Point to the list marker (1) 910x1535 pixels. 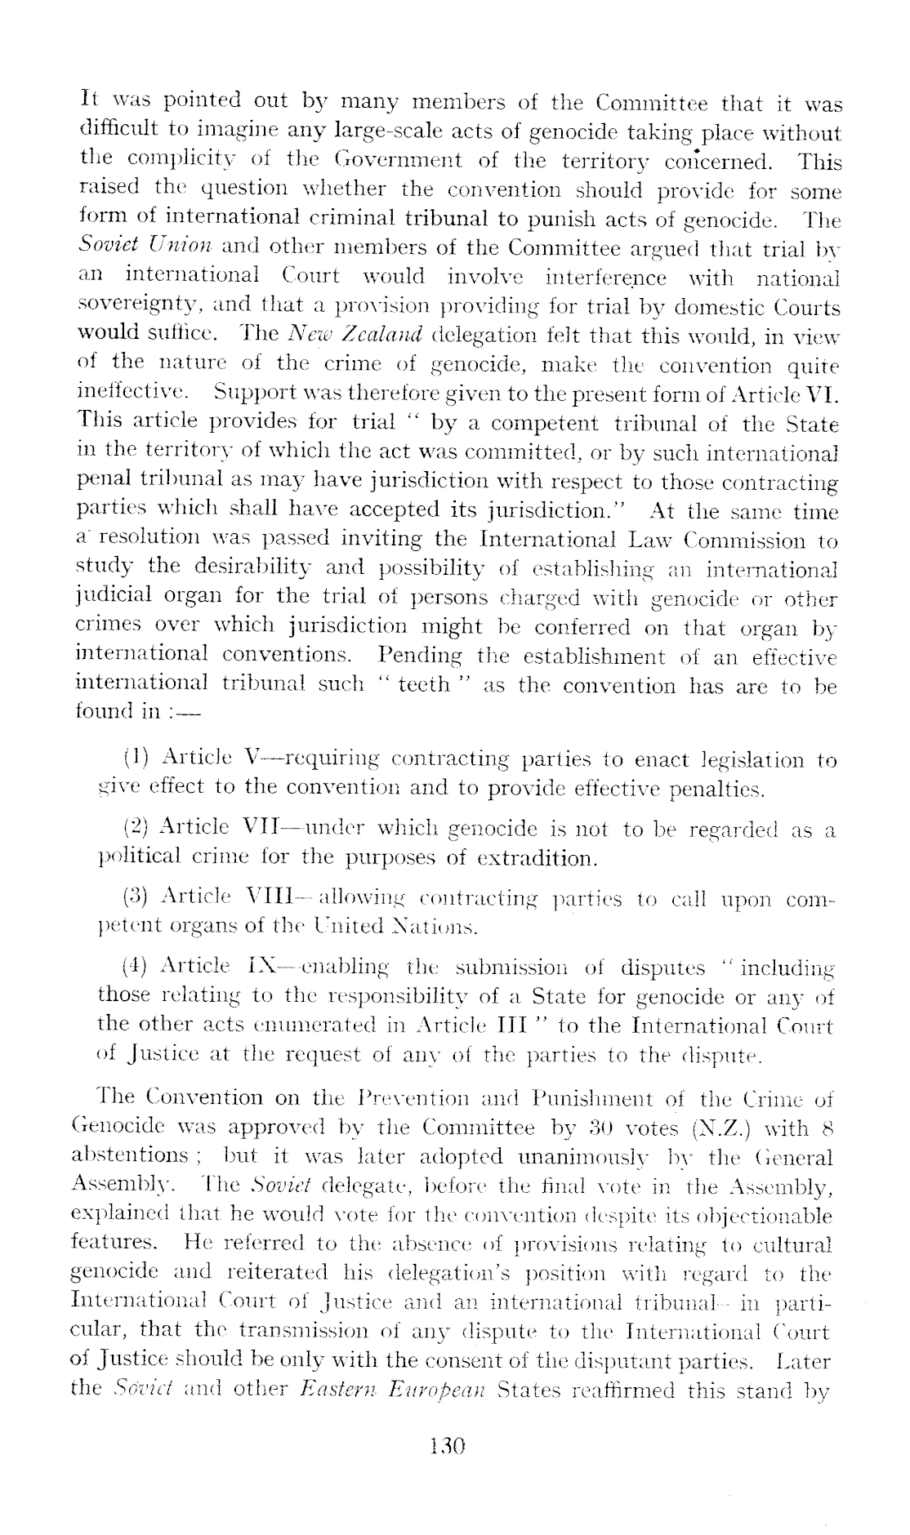coord(134,759)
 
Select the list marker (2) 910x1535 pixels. coord(134,829)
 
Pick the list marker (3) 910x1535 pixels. coord(134,900)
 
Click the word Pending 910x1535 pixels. coord(420,656)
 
